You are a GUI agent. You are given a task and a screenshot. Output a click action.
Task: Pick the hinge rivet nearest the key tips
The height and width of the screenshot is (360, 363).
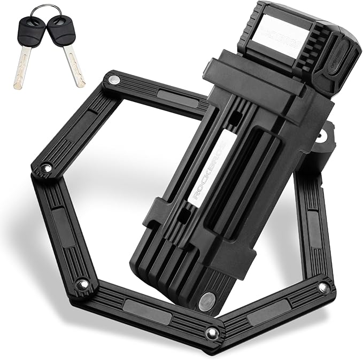click(x=113, y=80)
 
